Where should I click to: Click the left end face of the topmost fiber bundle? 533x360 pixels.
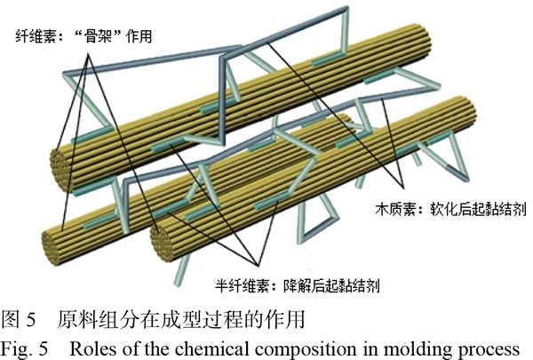point(62,164)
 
